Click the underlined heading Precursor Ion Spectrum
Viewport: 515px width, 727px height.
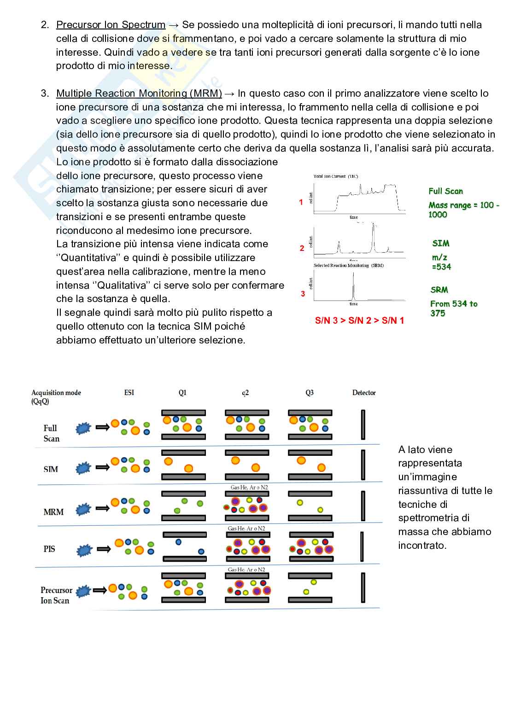pyautogui.click(x=111, y=25)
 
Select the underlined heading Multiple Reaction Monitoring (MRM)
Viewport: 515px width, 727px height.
pyautogui.click(x=139, y=93)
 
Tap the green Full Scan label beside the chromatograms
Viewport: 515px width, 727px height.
pyautogui.click(x=445, y=191)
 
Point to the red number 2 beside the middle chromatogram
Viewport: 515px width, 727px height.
pyautogui.click(x=302, y=248)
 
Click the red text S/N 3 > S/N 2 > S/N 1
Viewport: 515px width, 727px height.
pyautogui.click(x=359, y=320)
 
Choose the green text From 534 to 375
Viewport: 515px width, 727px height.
pyautogui.click(x=453, y=308)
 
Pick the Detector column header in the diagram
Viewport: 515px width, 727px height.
pyautogui.click(x=364, y=393)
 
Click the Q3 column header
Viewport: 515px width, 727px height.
pyautogui.click(x=310, y=393)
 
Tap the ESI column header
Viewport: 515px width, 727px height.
pyautogui.click(x=129, y=393)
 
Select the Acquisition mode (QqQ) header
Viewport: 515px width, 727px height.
pyautogui.click(x=56, y=396)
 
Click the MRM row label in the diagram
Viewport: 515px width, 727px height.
pyautogui.click(x=53, y=512)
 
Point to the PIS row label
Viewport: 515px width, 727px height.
pyautogui.click(x=49, y=549)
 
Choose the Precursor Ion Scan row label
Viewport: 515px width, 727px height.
pyautogui.click(x=56, y=595)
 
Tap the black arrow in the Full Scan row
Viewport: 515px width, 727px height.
pyautogui.click(x=101, y=428)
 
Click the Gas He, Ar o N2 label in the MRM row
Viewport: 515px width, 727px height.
pyautogui.click(x=248, y=487)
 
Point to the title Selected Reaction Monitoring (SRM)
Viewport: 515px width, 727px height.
pyautogui.click(x=348, y=265)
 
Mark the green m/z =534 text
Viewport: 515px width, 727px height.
pyautogui.click(x=441, y=262)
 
